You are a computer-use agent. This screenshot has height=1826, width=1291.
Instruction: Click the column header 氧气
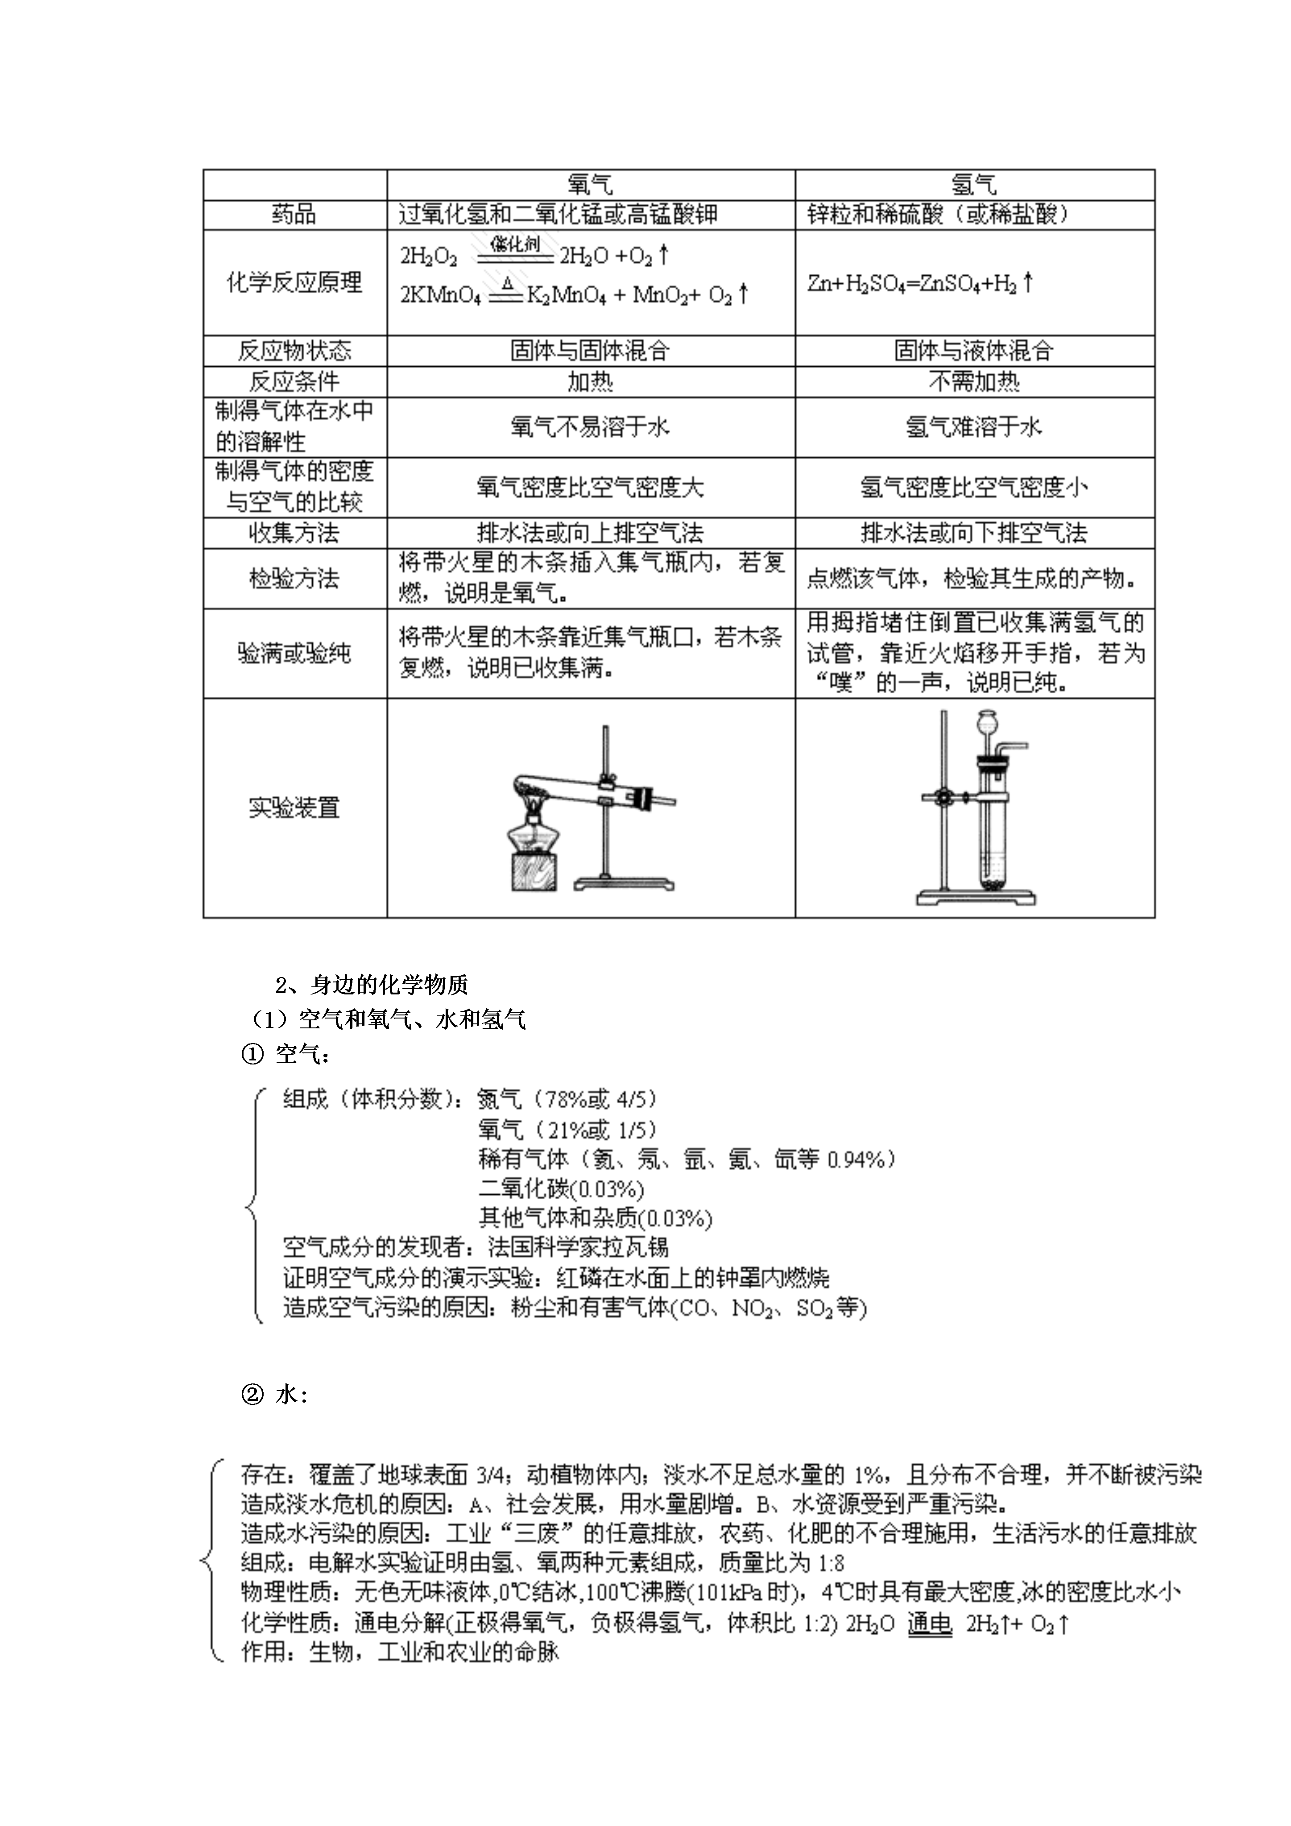tap(590, 185)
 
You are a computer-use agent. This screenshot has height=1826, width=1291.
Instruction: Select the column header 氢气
tap(974, 185)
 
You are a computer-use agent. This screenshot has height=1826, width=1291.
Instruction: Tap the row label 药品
tap(294, 215)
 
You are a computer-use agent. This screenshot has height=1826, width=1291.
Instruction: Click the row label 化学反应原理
tap(294, 282)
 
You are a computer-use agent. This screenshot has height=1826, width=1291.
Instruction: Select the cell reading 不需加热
tap(974, 382)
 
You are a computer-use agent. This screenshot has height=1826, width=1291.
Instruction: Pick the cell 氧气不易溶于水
tap(590, 428)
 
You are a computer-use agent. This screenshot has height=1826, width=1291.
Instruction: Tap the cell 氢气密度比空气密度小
tap(974, 488)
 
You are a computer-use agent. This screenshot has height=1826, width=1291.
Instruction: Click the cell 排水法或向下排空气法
tap(974, 533)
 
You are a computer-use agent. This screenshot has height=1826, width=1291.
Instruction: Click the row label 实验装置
tap(294, 808)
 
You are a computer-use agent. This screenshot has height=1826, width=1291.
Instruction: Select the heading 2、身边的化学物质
tap(372, 985)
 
